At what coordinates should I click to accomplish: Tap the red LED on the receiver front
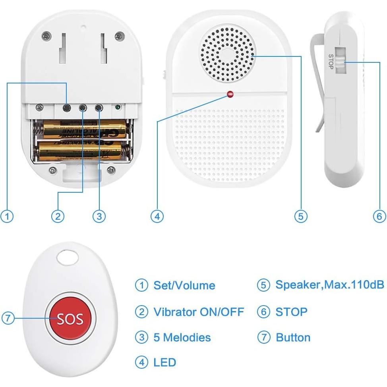(230, 95)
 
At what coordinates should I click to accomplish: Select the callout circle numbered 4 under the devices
(157, 216)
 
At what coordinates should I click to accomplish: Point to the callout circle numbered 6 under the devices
(379, 216)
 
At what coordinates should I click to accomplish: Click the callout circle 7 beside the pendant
(8, 318)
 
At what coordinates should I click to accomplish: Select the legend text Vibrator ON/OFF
(198, 312)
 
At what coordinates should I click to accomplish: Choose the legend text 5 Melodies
(182, 337)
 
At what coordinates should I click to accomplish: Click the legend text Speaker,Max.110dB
(330, 285)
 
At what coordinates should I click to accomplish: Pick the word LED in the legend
(164, 362)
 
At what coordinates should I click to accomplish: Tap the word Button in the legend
(293, 337)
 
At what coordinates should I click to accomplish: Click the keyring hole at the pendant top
(68, 259)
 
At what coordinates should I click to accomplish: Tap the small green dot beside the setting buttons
(117, 107)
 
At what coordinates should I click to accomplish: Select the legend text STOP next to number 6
(291, 312)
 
